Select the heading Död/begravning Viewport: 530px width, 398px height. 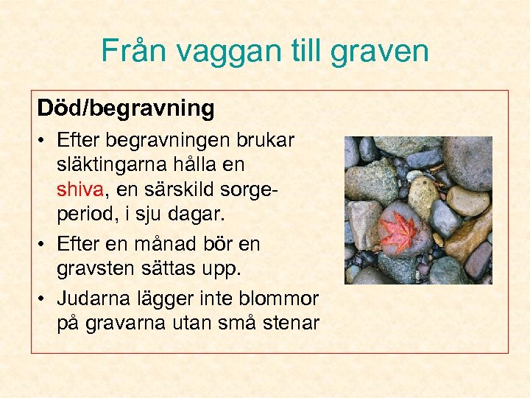(x=126, y=108)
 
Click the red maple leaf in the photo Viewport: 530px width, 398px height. (x=397, y=231)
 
